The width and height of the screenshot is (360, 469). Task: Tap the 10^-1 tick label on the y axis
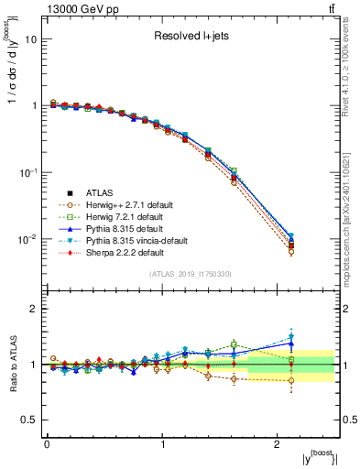pyautogui.click(x=28, y=173)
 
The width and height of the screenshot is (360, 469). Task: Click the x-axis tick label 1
pyautogui.click(x=162, y=444)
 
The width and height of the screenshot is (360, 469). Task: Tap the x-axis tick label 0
pyautogui.click(x=47, y=444)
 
